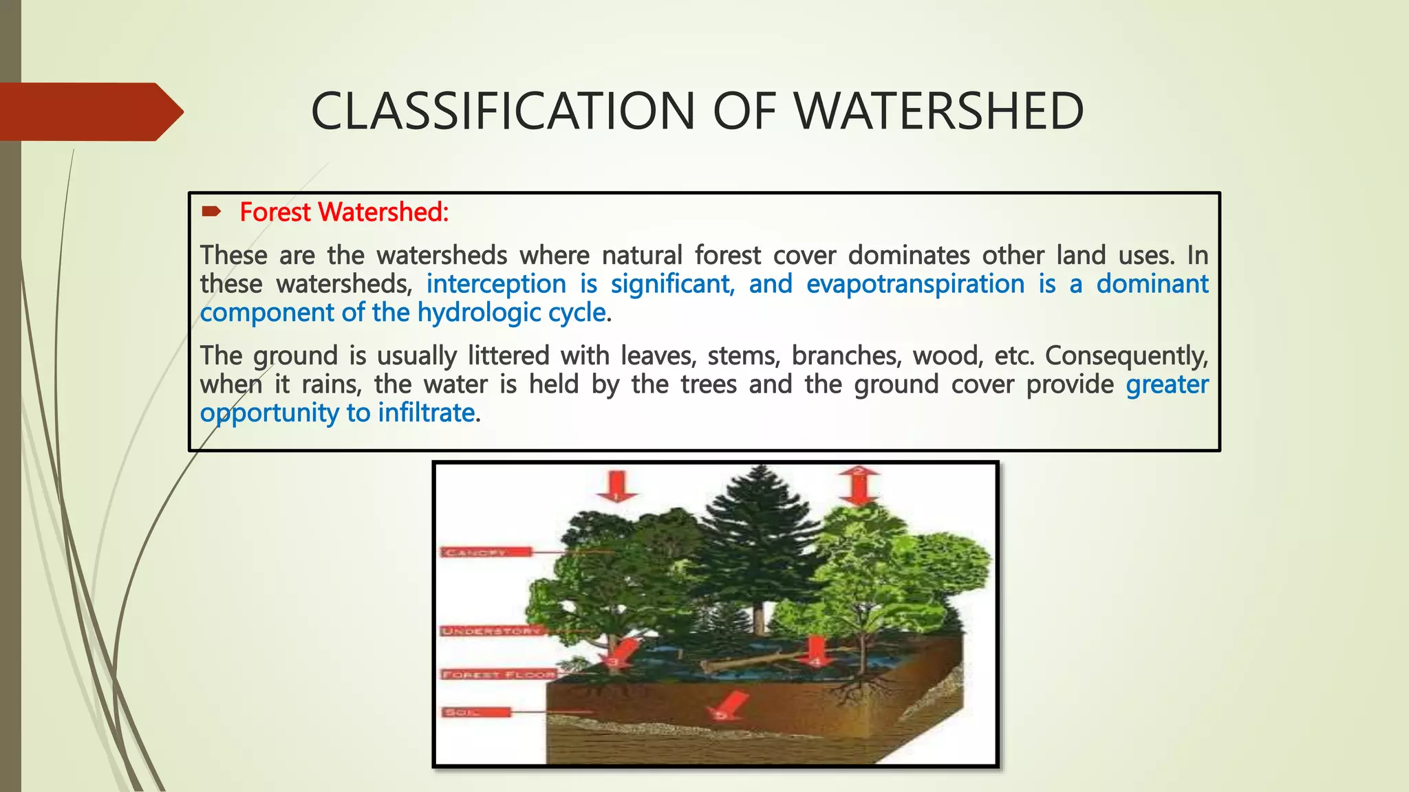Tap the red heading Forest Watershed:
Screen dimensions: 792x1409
(x=344, y=212)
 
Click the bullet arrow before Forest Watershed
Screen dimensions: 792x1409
(x=211, y=212)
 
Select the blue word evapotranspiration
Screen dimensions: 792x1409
(x=915, y=284)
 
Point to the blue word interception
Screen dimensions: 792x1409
(x=496, y=284)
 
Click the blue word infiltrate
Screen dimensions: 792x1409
(x=427, y=413)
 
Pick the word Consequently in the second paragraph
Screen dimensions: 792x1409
(x=1126, y=356)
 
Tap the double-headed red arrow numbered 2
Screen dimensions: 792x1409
(x=859, y=485)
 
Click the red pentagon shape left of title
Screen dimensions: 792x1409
(x=89, y=112)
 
